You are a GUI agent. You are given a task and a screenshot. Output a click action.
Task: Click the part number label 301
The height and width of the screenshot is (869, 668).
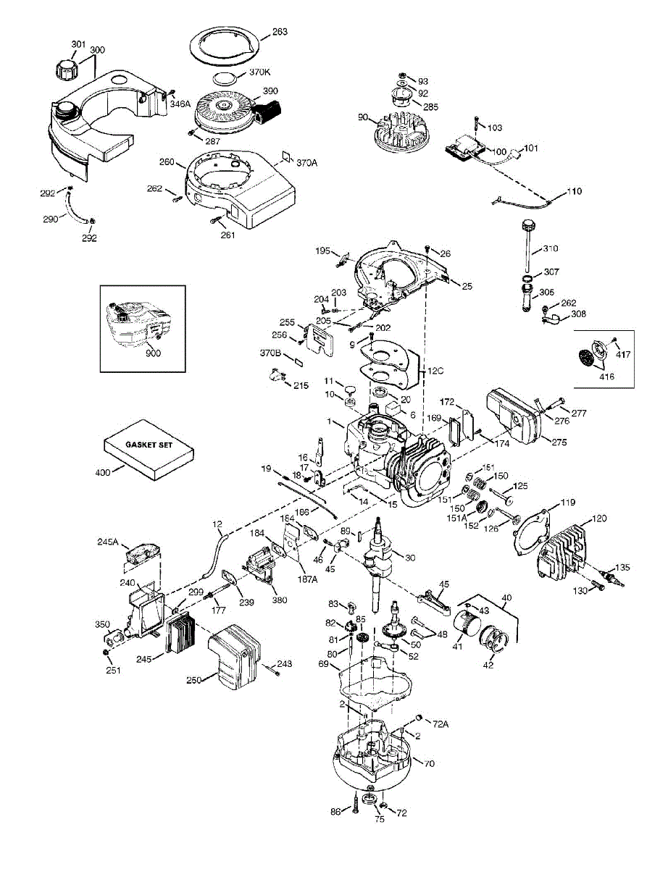pyautogui.click(x=78, y=45)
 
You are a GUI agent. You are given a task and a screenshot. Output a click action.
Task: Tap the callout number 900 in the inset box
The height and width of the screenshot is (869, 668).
pyautogui.click(x=152, y=353)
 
